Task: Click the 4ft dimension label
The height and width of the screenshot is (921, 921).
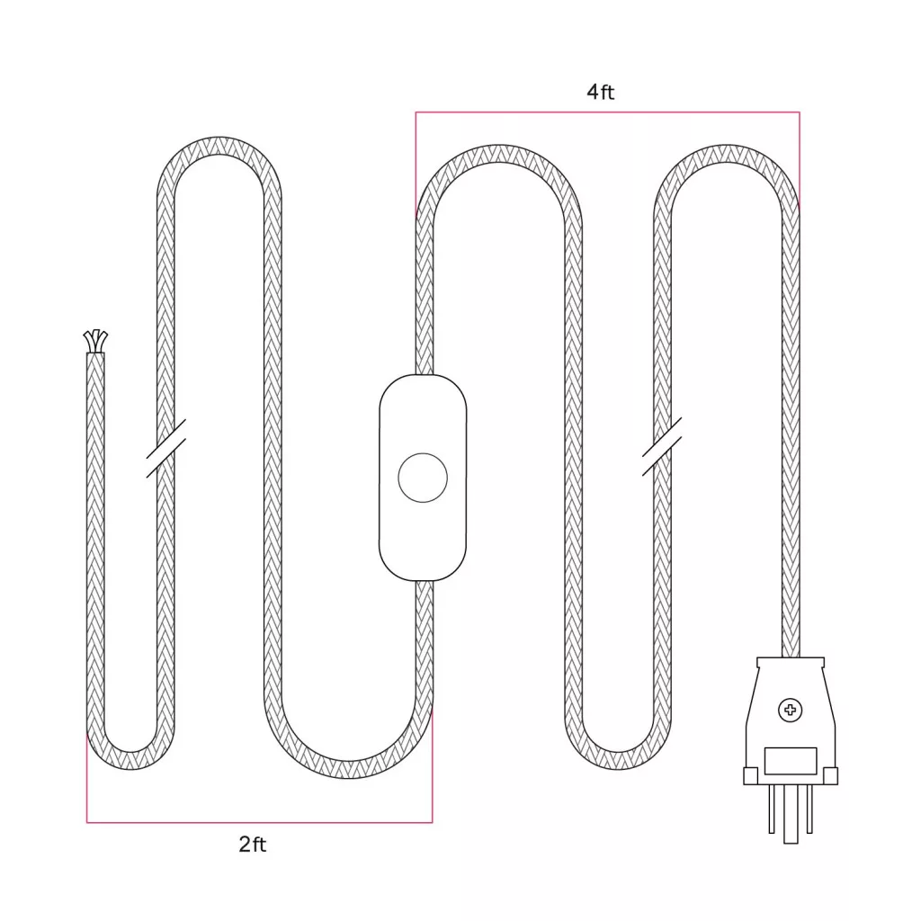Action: coord(600,92)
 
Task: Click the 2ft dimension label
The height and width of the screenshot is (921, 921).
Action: coord(253,844)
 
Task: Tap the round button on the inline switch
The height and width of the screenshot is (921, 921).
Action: coord(423,478)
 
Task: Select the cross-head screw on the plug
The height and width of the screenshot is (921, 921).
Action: coord(790,711)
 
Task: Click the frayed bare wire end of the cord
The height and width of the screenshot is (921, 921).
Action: coord(95,341)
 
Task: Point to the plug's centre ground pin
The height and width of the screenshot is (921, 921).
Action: coord(791,814)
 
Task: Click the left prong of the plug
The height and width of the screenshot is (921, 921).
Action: coord(772,809)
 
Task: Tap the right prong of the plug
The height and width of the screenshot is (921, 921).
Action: coord(809,809)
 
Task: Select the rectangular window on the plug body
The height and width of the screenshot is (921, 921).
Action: coord(791,761)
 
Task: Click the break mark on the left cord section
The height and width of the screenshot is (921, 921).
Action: coord(166,448)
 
